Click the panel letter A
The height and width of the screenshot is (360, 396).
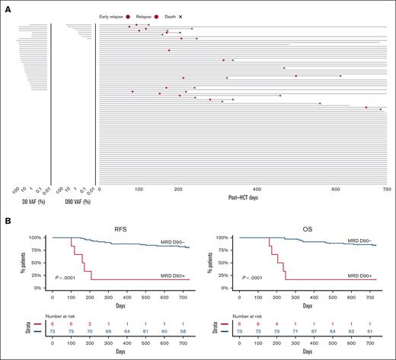[8, 7]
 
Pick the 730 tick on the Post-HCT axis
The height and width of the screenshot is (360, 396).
[386, 190]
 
